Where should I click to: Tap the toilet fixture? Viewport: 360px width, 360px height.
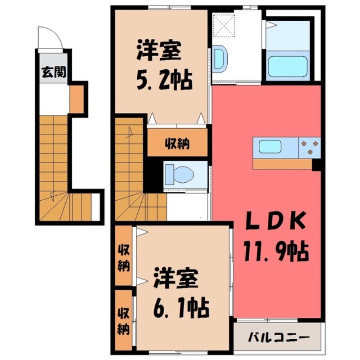pyautogui.click(x=178, y=174)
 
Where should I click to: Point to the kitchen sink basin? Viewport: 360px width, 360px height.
pyautogui.click(x=270, y=147)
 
